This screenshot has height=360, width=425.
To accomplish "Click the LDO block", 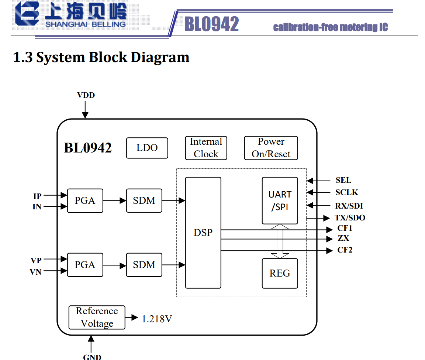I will [x=147, y=148].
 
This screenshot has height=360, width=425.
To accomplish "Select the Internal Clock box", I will [x=206, y=148].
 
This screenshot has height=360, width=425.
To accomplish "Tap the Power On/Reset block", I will [x=271, y=148].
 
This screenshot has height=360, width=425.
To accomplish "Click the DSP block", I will [x=203, y=233].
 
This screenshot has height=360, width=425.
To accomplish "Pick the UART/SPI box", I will [x=280, y=200].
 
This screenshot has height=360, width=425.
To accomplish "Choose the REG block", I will [x=280, y=274].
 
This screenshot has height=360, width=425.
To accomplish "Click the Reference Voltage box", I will [x=97, y=318].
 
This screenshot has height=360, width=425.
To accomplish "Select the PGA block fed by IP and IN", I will [x=85, y=201].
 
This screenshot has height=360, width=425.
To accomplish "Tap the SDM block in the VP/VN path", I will [x=144, y=265].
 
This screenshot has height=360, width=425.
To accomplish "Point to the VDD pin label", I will [x=86, y=95].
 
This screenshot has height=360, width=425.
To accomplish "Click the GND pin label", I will [x=92, y=357].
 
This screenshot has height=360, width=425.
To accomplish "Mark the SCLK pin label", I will [x=346, y=192].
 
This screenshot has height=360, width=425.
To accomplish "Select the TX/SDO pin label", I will [x=350, y=218].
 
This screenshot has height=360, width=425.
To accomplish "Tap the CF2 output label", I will [x=345, y=250].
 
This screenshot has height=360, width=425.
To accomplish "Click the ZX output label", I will [x=343, y=238].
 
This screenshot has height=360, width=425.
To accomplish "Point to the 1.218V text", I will [x=157, y=319].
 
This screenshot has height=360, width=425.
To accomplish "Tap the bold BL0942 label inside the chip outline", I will [x=88, y=148].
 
